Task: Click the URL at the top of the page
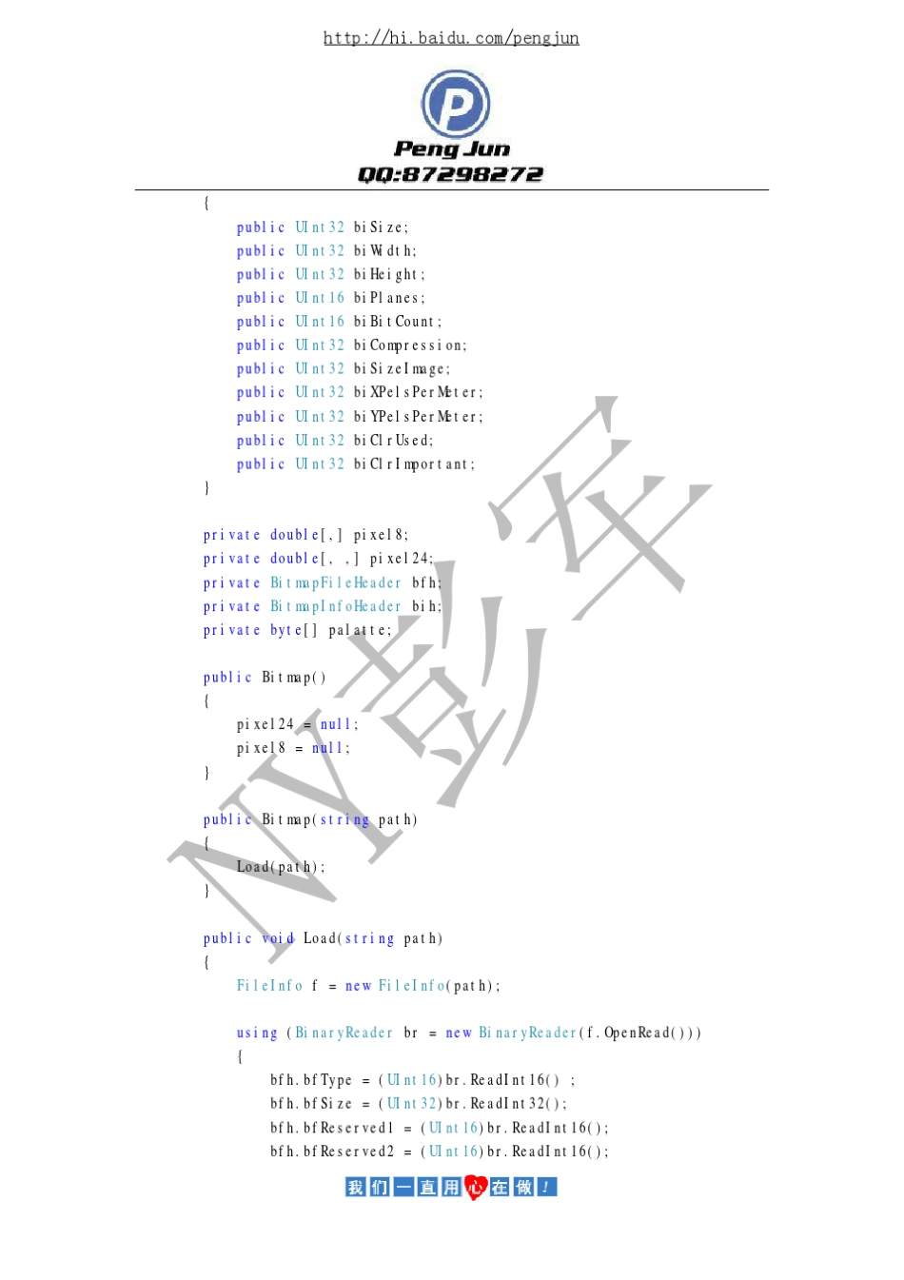(451, 38)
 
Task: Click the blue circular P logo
(456, 103)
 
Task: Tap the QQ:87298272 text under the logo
(451, 174)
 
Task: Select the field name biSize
(381, 227)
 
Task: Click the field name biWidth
(384, 251)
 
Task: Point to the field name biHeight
(389, 275)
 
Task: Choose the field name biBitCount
(397, 322)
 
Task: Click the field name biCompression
(410, 345)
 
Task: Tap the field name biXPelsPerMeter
(418, 392)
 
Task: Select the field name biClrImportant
(414, 464)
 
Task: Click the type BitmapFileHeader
(336, 582)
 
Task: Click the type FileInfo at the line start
(269, 986)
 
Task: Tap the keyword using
(257, 1033)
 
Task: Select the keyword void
(278, 938)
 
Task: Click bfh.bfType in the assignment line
(311, 1080)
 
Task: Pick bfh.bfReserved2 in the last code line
(332, 1152)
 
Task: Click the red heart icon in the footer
(475, 1187)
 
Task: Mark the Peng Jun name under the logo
(452, 148)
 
